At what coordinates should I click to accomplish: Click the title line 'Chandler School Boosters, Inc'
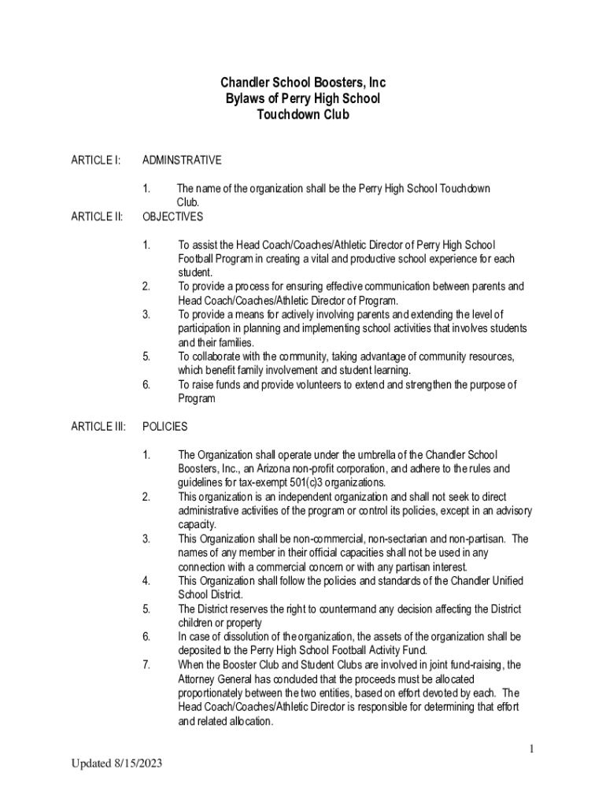pyautogui.click(x=303, y=83)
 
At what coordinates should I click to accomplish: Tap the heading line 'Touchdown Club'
pyautogui.click(x=303, y=114)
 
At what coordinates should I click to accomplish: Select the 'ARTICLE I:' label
pyautogui.click(x=95, y=161)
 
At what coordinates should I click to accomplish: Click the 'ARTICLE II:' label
pyautogui.click(x=97, y=216)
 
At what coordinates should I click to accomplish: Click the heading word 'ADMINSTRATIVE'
pyautogui.click(x=182, y=161)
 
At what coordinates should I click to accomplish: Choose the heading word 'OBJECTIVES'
pyautogui.click(x=172, y=216)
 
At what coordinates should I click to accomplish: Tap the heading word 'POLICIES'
pyautogui.click(x=165, y=427)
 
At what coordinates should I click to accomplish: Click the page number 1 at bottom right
pyautogui.click(x=532, y=749)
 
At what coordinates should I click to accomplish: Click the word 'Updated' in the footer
pyautogui.click(x=89, y=763)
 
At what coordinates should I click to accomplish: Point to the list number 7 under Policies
pyautogui.click(x=146, y=664)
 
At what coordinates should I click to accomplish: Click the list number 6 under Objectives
pyautogui.click(x=146, y=385)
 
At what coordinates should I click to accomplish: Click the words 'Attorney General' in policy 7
pyautogui.click(x=216, y=678)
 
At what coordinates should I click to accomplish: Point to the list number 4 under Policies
pyautogui.click(x=146, y=581)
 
